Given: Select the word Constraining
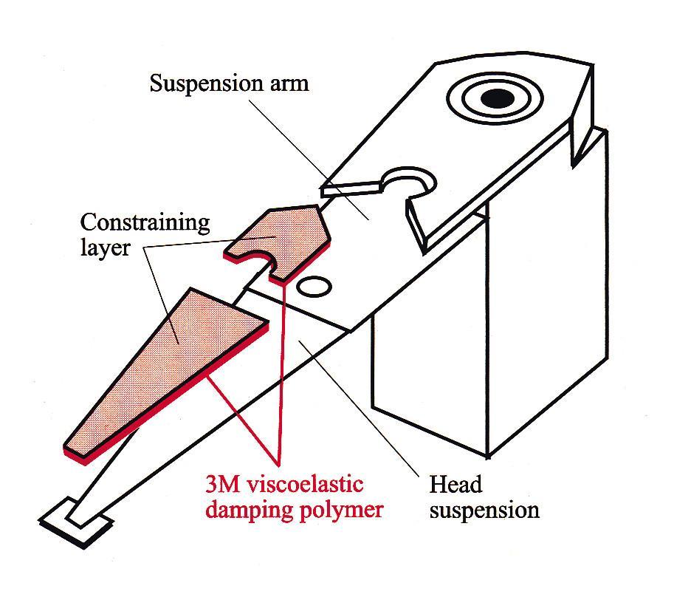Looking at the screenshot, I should (145, 222).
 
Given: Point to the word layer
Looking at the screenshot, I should (105, 247).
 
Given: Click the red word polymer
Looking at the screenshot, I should (339, 511).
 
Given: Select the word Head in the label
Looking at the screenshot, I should (455, 485).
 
